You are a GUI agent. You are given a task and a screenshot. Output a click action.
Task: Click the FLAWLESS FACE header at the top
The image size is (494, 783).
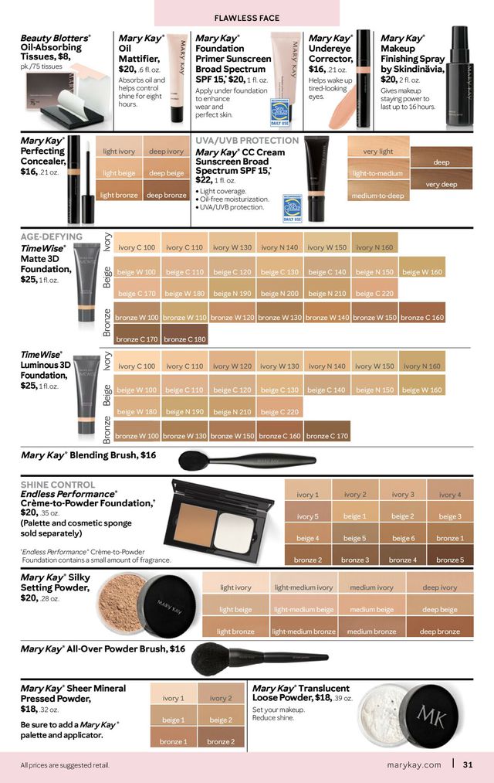point(246,17)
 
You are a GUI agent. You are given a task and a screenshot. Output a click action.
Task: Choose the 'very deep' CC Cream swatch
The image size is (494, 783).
point(442,184)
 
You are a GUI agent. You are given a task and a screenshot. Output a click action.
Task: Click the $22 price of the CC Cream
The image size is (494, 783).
point(203,179)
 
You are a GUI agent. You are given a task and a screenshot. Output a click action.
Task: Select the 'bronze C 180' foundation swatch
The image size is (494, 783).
point(184,339)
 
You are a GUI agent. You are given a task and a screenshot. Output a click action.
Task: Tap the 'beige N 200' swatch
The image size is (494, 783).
point(279,294)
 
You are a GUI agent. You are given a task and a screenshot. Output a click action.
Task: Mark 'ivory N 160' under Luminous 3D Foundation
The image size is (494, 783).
point(422,366)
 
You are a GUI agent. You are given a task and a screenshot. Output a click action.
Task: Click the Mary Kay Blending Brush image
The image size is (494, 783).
point(246,461)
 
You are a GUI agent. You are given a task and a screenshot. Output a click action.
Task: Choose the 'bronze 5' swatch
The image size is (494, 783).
point(450,559)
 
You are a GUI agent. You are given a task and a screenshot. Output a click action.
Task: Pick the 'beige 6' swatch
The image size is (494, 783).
point(402,538)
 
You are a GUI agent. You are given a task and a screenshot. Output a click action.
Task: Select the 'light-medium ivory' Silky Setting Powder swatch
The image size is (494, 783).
point(303,587)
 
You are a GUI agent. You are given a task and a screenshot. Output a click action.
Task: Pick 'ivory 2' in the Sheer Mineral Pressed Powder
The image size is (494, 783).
point(220,698)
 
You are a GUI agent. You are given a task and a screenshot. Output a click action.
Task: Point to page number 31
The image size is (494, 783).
point(468,765)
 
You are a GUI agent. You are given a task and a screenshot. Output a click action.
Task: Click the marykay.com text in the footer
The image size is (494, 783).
point(414,765)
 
